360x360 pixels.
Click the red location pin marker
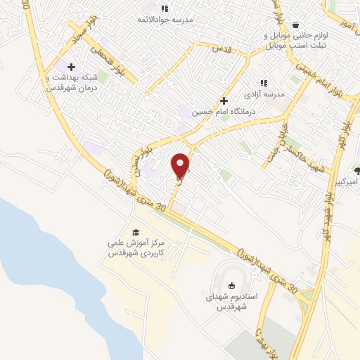tap(181, 165)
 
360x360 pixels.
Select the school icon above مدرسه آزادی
tap(264, 83)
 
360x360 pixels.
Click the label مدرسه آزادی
tap(264, 94)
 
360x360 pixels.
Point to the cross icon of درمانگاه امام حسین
tap(224, 101)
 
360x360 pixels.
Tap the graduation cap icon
tap(134, 232)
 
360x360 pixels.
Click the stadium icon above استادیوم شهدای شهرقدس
tap(230, 284)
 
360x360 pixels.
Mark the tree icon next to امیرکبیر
tap(357, 170)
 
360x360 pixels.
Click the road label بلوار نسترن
tap(136, 160)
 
